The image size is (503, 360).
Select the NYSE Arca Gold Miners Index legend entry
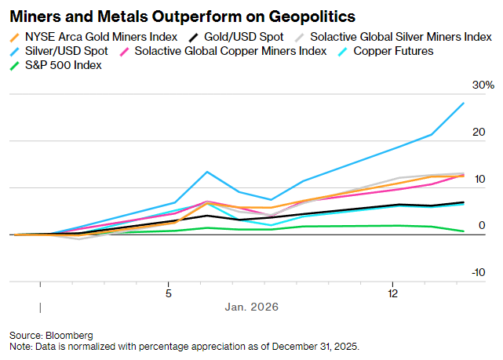tap(95, 36)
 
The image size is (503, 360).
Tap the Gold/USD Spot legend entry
tap(239, 36)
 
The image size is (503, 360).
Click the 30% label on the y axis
tap(483, 85)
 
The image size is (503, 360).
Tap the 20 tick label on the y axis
tap(479, 133)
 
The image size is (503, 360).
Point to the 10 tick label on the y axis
tap(479, 180)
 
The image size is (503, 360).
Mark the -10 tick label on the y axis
tap(477, 273)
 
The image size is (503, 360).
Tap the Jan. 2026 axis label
tap(253, 307)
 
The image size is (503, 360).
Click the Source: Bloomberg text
tap(51, 335)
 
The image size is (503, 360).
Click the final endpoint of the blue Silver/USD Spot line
tap(463, 103)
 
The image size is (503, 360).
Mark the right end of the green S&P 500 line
tap(463, 231)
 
